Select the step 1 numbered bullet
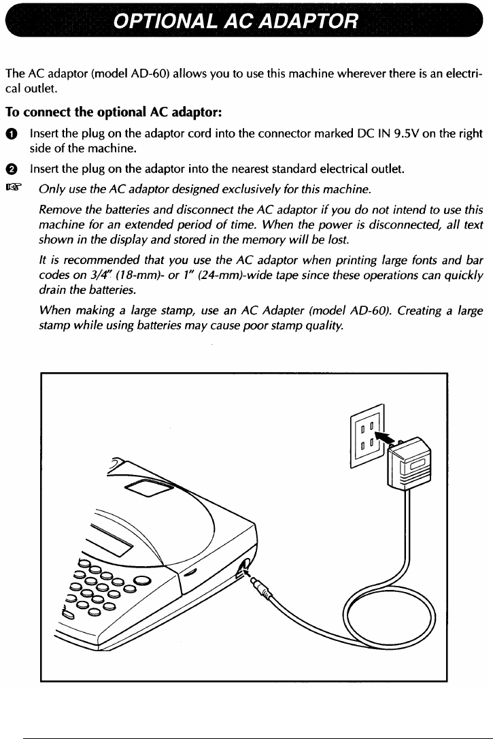(x=12, y=135)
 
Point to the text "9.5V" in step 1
(x=418, y=134)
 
